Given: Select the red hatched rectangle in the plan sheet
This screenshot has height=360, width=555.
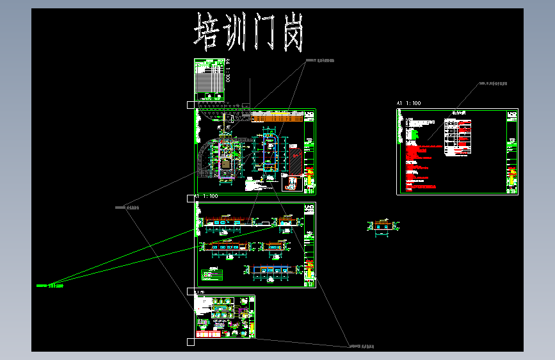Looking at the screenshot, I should pos(295,163).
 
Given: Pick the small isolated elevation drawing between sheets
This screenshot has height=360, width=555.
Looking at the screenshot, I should pos(383,227).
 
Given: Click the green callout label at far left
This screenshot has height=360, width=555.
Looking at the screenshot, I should pos(49,285).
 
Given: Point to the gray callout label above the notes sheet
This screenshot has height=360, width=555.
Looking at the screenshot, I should pos(493,83).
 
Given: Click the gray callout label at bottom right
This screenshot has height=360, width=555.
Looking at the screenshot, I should pos(361,347).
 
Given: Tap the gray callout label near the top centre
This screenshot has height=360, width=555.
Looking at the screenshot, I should pos(319,61).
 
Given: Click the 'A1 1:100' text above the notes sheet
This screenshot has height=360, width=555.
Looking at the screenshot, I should pos(409,103).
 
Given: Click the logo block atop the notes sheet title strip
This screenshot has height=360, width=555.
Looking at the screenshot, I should pos(511,117).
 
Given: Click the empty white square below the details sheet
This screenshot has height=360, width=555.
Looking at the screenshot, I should pos(190,343).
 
